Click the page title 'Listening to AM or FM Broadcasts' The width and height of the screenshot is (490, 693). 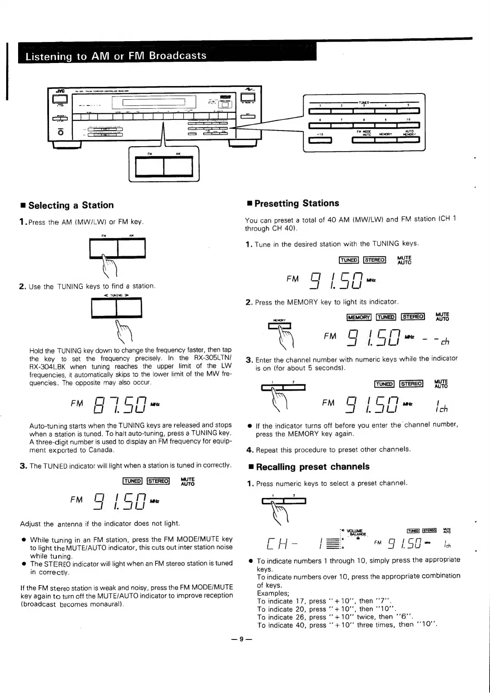116,56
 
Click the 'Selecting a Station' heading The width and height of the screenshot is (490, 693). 71,205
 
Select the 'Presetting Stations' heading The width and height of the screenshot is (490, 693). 297,203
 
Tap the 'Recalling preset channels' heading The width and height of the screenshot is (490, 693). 313,467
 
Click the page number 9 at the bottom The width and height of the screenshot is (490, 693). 242,639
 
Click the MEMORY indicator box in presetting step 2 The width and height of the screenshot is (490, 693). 359,317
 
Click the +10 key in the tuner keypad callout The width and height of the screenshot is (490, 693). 320,140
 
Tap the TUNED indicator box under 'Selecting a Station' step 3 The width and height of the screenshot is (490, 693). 132,481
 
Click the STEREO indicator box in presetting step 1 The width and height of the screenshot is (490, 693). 375,260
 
